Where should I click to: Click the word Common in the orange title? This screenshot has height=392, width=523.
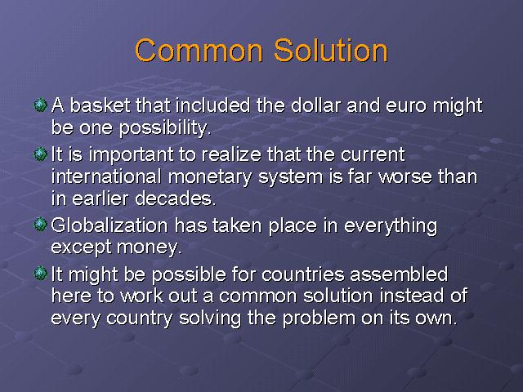pyautogui.click(x=199, y=51)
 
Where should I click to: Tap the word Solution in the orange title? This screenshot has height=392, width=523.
pyautogui.click(x=331, y=50)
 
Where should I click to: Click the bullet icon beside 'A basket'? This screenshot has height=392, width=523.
pyautogui.click(x=41, y=105)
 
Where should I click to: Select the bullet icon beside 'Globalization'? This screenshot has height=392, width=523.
pyautogui.click(x=41, y=225)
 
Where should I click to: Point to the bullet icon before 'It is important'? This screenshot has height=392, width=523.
pyautogui.click(x=41, y=154)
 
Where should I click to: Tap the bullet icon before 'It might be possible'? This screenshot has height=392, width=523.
pyautogui.click(x=41, y=274)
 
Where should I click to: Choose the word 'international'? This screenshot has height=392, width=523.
pyautogui.click(x=106, y=176)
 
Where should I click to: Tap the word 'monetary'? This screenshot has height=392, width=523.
pyautogui.click(x=210, y=177)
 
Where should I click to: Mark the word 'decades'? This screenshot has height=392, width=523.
pyautogui.click(x=173, y=198)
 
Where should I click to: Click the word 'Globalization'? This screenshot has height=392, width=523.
pyautogui.click(x=110, y=225)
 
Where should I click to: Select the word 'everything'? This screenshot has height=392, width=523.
pyautogui.click(x=391, y=226)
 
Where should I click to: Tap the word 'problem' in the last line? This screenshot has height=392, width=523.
pyautogui.click(x=319, y=318)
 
